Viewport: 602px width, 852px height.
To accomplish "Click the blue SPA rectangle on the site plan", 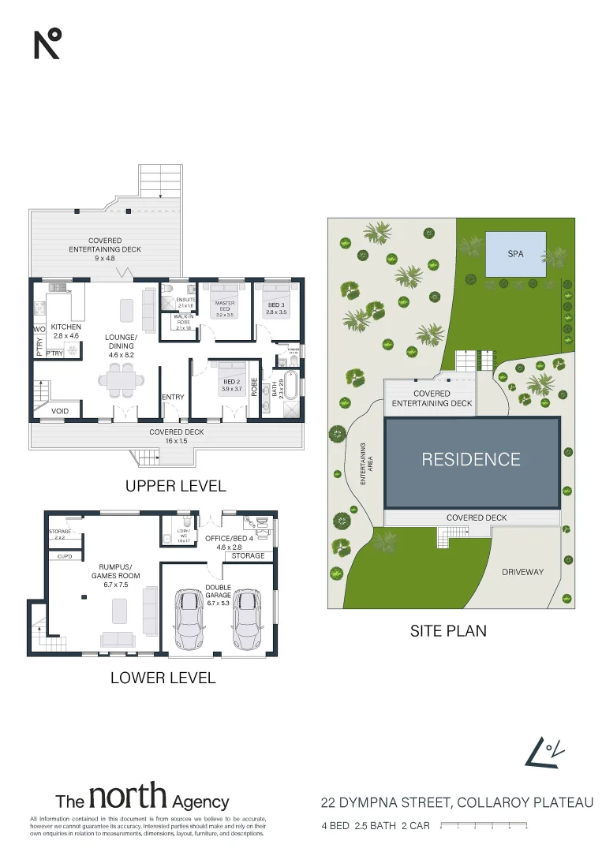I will pos(515,254).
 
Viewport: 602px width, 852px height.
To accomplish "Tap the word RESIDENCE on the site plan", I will pos(471,459).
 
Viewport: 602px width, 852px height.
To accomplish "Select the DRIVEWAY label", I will pos(522,572).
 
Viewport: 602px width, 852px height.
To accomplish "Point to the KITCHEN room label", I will pos(65,327).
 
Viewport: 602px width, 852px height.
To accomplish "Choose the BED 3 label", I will pos(275,305).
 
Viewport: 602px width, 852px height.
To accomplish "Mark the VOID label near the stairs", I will pos(60,411).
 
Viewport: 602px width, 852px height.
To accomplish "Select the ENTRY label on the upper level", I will pos(173,397).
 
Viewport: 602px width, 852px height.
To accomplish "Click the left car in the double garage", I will pos(189,619).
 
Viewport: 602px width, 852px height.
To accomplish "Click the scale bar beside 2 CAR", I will pos(483,825).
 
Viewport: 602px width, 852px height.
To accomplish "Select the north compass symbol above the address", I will pos(544,751).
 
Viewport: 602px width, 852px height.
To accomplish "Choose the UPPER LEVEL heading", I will pos(175,486).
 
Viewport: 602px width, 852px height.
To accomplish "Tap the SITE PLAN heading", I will pos(447,630).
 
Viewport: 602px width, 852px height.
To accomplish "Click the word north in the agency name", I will pos(128,797).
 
